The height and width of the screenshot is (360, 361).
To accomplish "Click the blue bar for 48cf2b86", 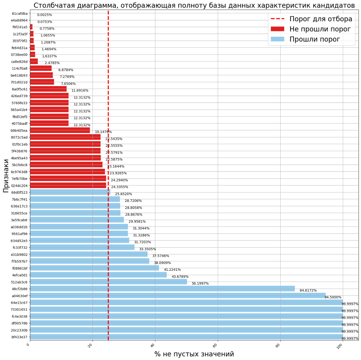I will point(162,289).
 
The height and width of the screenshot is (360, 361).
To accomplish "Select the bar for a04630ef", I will point(178,295).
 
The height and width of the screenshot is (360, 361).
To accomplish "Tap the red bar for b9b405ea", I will point(60,130).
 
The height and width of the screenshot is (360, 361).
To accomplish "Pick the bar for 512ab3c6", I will point(108,282).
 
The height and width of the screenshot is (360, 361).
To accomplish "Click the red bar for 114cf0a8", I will point(41,68).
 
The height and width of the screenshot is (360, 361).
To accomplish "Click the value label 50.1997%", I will point(200,283).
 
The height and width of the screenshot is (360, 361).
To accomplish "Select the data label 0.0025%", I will point(45,15).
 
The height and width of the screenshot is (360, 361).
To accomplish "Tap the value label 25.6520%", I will point(123,194).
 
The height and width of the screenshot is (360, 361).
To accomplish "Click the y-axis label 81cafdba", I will point(20,13).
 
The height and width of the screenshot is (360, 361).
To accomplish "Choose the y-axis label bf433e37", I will point(19,337).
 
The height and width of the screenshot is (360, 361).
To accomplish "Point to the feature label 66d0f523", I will point(19,192).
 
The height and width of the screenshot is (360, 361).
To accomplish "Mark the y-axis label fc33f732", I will point(20,247).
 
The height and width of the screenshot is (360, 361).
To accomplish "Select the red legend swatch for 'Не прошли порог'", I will point(277,29).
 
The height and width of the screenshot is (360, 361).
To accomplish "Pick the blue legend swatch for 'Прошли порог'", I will point(277,39).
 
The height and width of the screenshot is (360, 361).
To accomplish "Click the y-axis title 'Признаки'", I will point(6,176).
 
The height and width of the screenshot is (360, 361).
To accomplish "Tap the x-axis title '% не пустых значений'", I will point(194,354).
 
